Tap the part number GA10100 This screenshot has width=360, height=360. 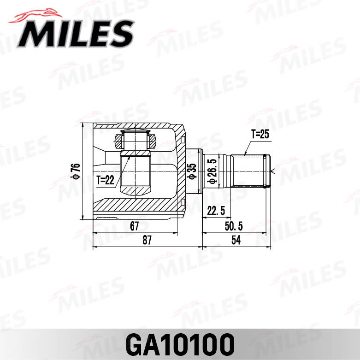click(180, 344)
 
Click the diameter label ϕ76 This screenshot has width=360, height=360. click(74, 171)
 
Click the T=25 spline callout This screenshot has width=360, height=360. click(260, 135)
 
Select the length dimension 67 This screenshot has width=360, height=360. click(135, 226)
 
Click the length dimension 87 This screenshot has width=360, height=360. click(147, 240)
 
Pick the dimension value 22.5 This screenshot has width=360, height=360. click(216, 211)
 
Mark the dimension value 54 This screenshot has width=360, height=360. click(236, 240)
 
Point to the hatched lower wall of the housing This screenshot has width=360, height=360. click(138, 203)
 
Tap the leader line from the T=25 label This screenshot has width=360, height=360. click(247, 147)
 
